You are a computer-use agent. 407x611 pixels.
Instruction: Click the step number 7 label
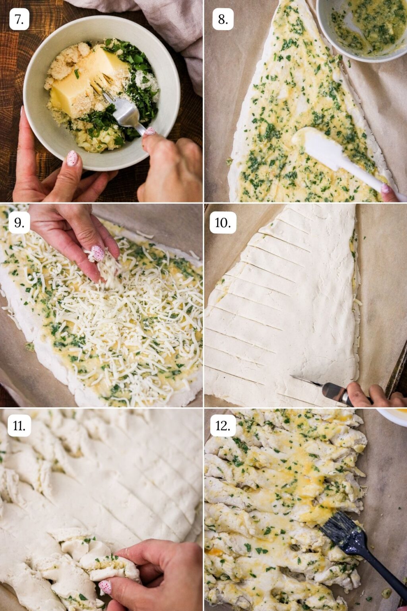(x=19, y=19)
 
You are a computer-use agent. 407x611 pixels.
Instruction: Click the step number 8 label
(x=223, y=19)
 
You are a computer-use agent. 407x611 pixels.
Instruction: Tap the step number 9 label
(x=19, y=223)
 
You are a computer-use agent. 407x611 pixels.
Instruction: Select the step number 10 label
(x=223, y=223)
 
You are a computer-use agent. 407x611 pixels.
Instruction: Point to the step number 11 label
(x=19, y=426)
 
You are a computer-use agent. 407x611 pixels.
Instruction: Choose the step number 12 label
(x=223, y=426)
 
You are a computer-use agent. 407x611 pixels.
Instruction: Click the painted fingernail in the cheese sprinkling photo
(x=98, y=253)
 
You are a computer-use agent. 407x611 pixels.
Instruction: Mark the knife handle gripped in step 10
(x=338, y=394)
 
